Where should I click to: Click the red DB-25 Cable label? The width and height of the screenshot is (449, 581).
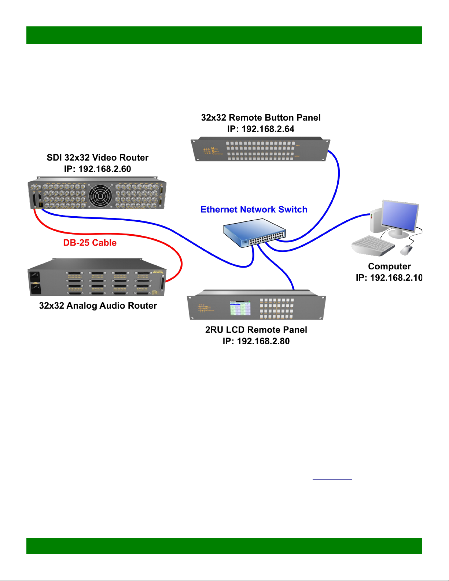90,243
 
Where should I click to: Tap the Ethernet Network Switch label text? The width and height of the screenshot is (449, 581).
254,209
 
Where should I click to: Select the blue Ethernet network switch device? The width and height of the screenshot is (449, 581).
254,233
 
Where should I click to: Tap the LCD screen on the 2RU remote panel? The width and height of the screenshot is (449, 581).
240,308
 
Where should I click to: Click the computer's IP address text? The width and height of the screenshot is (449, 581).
389,278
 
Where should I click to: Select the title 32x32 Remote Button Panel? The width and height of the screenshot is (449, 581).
261,118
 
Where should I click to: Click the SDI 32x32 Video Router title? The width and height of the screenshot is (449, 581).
97,158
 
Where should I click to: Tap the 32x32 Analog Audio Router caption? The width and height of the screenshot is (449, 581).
98,306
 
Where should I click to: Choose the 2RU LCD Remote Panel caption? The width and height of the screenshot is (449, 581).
256,330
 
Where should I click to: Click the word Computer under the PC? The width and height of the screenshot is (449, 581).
389,266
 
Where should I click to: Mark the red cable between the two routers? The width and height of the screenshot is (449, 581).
110,234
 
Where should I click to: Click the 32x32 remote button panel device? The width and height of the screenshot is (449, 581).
261,150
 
